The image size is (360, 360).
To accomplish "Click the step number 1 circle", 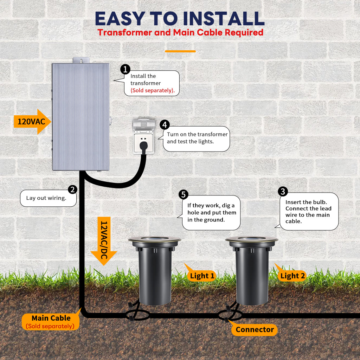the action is [x=125, y=69].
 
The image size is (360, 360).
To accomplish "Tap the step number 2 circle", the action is [x=72, y=189].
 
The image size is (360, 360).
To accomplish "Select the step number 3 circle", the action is [x=283, y=192].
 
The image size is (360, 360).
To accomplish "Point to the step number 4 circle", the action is [x=165, y=125].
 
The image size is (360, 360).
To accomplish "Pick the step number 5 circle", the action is [x=184, y=194].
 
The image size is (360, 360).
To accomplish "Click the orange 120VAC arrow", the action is [x=32, y=121].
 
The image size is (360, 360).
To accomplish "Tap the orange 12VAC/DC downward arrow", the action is [x=104, y=241].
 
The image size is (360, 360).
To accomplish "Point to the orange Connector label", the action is [x=255, y=329].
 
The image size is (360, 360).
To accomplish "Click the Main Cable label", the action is [x=51, y=321].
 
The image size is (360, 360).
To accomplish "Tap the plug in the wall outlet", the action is [x=144, y=147].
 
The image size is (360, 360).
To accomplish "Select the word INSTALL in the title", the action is [x=224, y=19].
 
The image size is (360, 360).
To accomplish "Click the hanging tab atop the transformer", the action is [x=81, y=60].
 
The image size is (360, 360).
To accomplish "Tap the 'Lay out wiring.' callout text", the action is [x=46, y=198].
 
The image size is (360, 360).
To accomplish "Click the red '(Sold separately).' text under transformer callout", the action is [x=153, y=90].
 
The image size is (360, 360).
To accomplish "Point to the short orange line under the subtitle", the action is [x=180, y=51].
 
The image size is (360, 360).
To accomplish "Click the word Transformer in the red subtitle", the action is [x=125, y=32].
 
